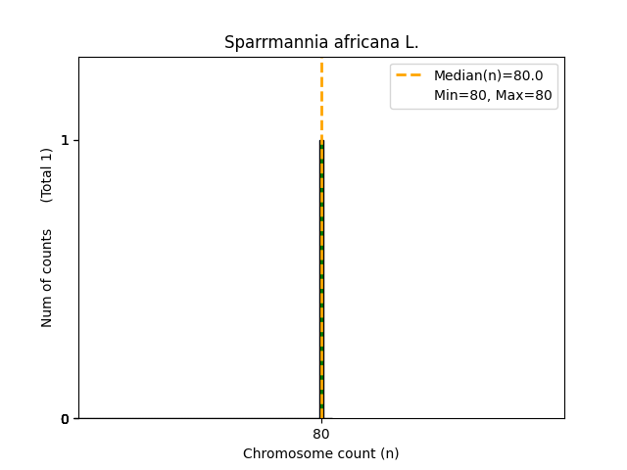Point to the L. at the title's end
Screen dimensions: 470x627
410,43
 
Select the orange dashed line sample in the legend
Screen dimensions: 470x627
409,75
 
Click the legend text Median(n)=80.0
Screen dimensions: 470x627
488,75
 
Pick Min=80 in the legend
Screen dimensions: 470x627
459,95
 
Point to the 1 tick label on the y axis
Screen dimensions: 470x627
65,140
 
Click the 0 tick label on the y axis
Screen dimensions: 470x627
65,419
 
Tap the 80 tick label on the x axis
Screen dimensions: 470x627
321,435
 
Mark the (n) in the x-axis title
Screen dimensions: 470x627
388,453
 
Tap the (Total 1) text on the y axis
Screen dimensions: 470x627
47,175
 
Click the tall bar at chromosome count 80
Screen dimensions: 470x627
321,294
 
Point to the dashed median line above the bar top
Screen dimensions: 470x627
321,98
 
